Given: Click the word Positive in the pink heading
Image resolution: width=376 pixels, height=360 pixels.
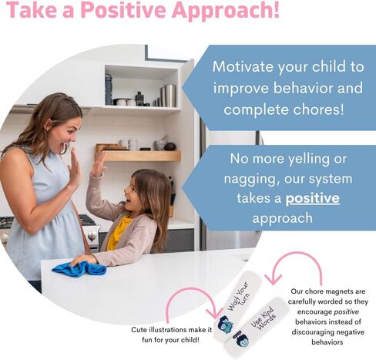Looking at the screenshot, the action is (124, 10).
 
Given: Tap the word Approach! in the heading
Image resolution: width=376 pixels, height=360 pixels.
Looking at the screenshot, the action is (226, 12).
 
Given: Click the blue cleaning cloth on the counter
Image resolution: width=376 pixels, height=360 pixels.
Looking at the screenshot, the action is (79, 268).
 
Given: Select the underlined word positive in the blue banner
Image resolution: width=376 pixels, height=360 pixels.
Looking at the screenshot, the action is (313, 199).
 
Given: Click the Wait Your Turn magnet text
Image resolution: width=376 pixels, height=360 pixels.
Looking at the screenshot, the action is (239, 296).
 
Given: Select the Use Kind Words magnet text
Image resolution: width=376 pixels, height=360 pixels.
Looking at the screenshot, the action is (263, 318).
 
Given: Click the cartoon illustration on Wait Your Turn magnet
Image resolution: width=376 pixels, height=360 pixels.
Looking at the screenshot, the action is (225, 325).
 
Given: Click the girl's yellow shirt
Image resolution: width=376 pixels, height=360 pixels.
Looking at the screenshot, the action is (118, 232).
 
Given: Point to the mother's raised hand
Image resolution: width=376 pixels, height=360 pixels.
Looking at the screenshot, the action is (75, 168).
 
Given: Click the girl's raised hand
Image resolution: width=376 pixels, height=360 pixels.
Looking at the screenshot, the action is (99, 164).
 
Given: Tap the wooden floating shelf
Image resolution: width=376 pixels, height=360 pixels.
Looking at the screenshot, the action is (139, 156).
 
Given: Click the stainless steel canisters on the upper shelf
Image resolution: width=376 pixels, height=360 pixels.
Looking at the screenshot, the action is (168, 96).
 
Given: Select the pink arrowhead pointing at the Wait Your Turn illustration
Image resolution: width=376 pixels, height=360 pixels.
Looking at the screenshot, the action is (214, 313).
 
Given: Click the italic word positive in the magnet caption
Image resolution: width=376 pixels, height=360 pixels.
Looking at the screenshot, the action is (346, 311).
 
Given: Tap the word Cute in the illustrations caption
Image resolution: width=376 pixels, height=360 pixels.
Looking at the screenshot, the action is (139, 329).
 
